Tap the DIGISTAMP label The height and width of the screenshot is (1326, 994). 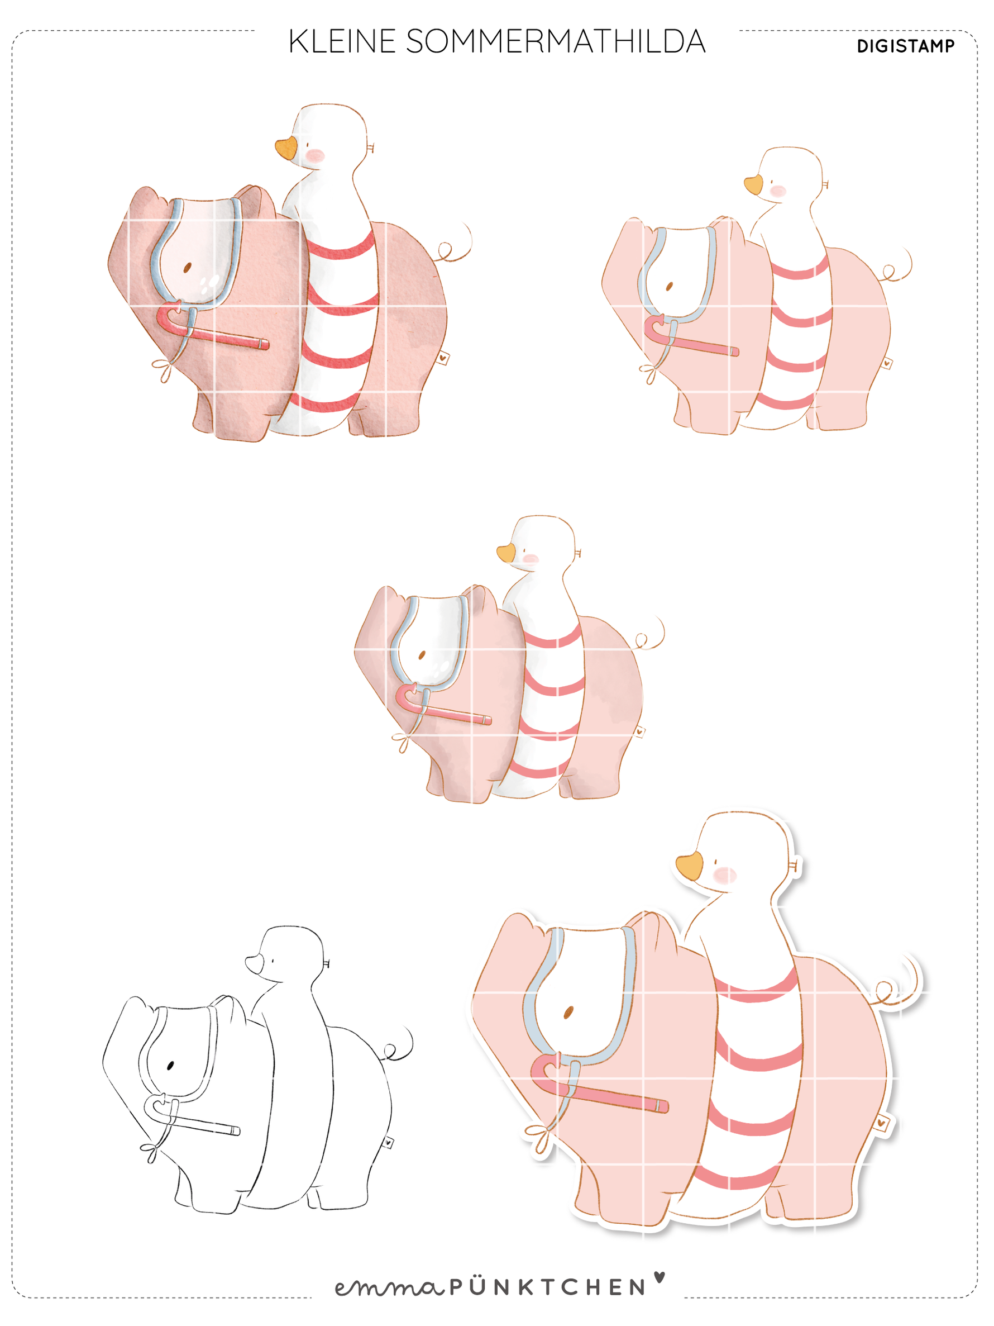905,46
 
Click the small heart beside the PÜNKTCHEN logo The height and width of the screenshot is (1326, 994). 659,1276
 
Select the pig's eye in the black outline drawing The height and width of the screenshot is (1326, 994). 170,1065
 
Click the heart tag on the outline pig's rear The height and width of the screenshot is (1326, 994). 388,1143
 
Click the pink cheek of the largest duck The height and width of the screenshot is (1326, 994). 725,875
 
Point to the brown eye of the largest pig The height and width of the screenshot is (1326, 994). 568,1013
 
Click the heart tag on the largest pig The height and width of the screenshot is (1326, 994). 881,1122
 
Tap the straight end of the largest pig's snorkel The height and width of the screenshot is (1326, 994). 663,1105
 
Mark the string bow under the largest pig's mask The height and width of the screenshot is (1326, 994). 541,1135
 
